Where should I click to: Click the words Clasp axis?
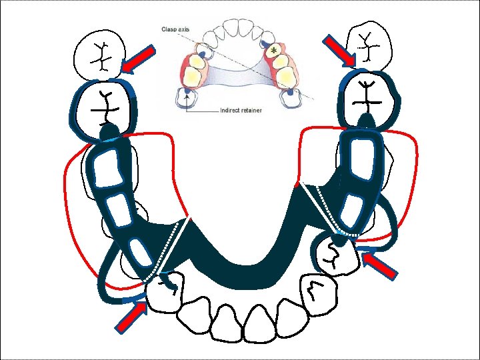176,29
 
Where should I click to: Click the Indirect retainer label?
241,110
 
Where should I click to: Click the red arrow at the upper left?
139,59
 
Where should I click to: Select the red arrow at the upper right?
341,51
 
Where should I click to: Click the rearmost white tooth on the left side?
99,55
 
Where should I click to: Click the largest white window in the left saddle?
107,167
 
